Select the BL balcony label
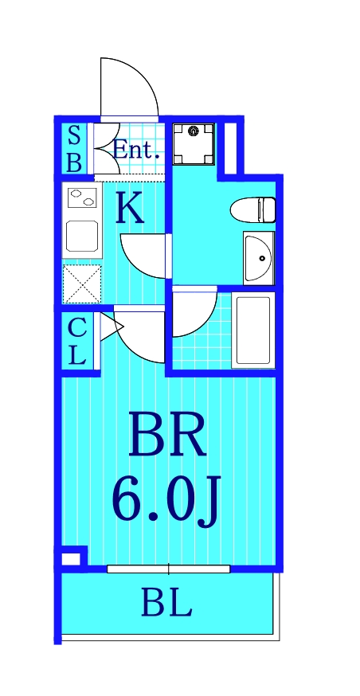point(166,604)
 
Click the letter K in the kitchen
point(131,209)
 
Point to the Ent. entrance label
point(136,149)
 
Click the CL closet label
point(76,340)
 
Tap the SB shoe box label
point(73,148)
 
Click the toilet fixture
point(253,210)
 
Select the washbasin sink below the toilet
point(258,258)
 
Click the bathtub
point(252,330)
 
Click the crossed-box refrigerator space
point(82,283)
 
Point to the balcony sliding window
point(168,569)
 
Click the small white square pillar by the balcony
point(71,557)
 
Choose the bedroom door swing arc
point(139,335)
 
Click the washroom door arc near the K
point(145,256)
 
